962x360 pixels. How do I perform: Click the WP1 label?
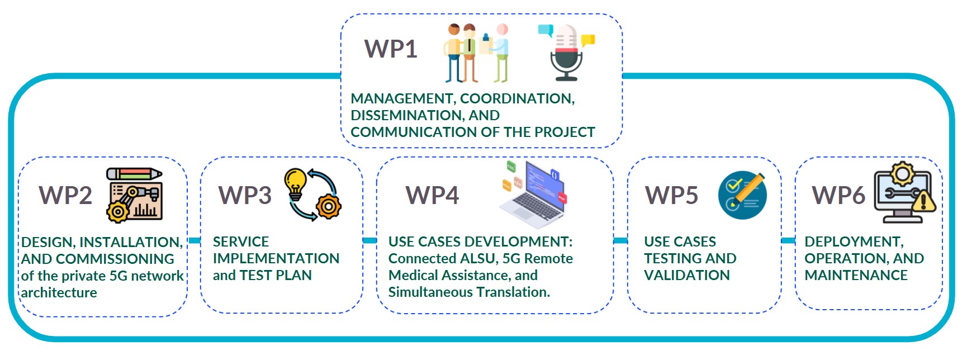click(x=391, y=49)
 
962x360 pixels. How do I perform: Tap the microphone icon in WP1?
click(x=566, y=53)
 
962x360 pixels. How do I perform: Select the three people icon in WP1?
click(x=477, y=53)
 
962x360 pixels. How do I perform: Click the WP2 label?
click(x=65, y=195)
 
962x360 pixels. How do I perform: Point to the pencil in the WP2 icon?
click(x=134, y=174)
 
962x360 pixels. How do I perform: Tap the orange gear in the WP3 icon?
click(x=328, y=206)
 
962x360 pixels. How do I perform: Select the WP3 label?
click(x=245, y=195)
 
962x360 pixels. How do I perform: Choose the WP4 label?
click(x=432, y=195)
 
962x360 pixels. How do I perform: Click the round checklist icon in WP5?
click(x=742, y=195)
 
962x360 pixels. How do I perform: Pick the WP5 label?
click(x=671, y=195)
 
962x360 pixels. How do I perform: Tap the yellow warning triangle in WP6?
click(x=923, y=201)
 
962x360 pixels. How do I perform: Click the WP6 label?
click(x=838, y=195)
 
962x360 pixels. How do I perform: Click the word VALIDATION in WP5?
click(x=687, y=275)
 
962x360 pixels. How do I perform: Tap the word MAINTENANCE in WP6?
click(x=856, y=275)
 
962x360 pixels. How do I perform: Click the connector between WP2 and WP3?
click(x=194, y=240)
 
